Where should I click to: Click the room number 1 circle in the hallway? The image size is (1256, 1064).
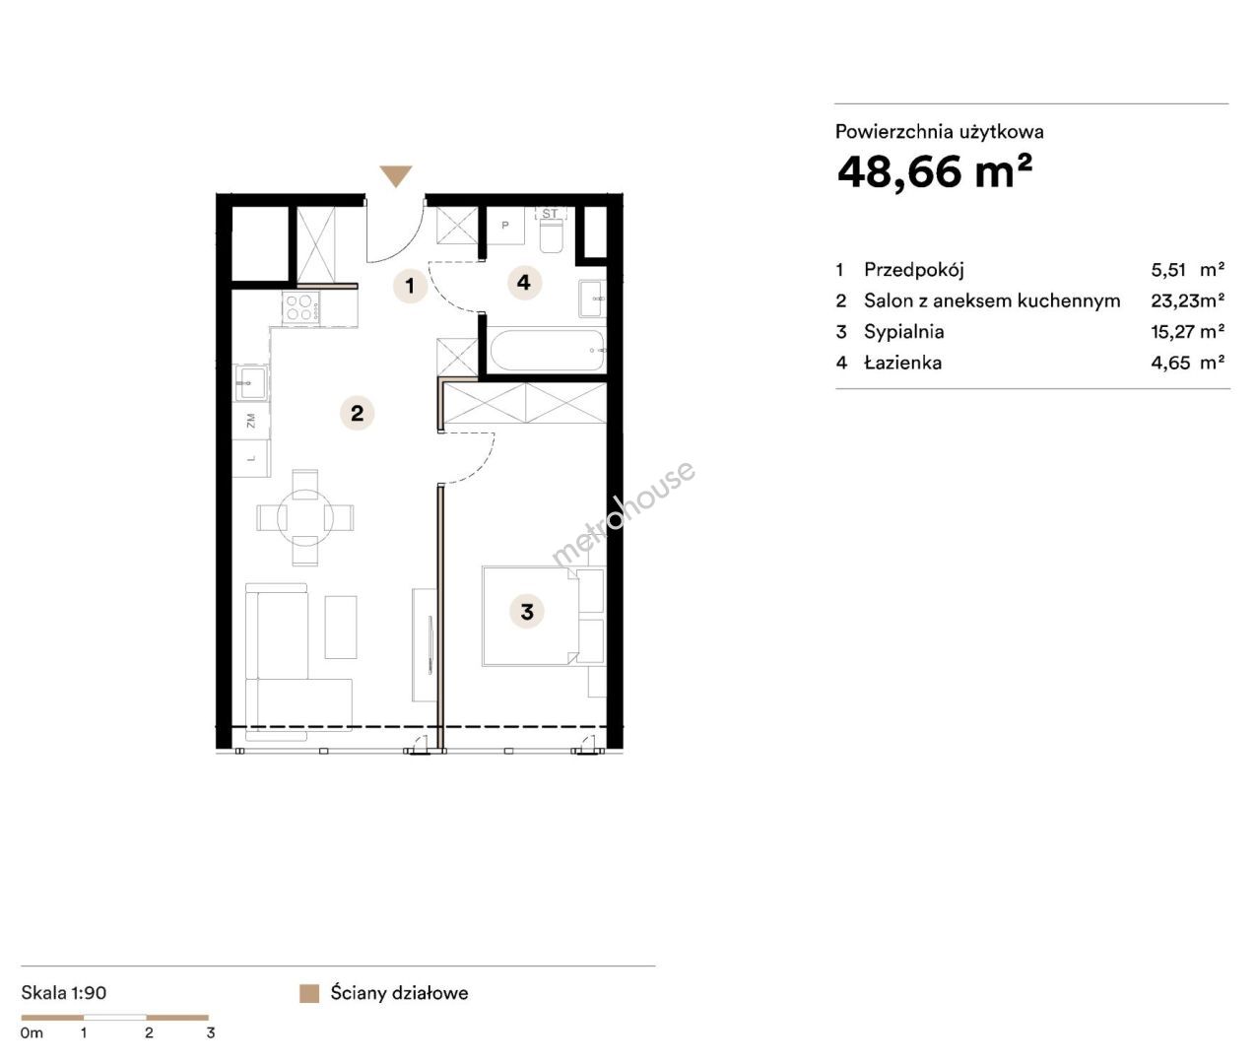[410, 285]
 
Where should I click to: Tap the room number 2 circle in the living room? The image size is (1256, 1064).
[358, 413]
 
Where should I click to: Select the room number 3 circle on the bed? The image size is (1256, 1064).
[527, 611]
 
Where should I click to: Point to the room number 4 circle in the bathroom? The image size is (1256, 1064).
[524, 282]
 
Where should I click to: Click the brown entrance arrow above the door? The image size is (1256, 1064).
[396, 175]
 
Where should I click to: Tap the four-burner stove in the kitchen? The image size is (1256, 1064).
[301, 306]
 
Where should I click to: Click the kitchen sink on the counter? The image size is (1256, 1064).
[251, 382]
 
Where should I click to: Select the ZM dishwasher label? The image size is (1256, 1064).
[251, 421]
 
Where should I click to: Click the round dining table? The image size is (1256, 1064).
[305, 518]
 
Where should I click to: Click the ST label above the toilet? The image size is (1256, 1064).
[550, 214]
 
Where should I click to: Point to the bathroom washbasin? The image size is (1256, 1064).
[592, 299]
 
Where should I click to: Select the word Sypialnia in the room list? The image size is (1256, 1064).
[904, 332]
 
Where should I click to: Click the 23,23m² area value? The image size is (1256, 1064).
[1187, 300]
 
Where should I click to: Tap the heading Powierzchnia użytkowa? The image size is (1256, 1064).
[940, 132]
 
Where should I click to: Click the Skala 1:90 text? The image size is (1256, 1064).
[64, 992]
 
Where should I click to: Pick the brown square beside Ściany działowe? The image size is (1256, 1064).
[309, 994]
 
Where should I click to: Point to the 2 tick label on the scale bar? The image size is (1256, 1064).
[149, 1033]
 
